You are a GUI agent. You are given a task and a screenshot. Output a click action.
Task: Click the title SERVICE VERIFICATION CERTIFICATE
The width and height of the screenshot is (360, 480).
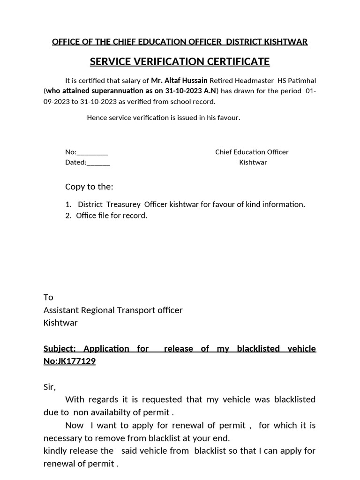pos(180,61)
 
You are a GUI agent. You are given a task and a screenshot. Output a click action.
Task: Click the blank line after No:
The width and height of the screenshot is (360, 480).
pos(92,152)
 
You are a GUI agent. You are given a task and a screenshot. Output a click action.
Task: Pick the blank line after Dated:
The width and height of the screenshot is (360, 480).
pos(98,163)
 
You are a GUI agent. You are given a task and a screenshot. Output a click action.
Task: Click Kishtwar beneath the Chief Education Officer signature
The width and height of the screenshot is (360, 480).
pos(253,163)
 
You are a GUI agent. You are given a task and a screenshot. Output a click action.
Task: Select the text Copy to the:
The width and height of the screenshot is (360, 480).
pos(89,187)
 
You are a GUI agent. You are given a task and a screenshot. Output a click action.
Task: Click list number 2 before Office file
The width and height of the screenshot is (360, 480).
pos(68,216)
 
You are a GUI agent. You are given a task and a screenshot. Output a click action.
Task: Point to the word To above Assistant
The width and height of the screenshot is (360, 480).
pos(48,297)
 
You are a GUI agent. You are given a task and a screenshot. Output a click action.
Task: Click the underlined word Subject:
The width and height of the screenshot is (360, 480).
pos(60,349)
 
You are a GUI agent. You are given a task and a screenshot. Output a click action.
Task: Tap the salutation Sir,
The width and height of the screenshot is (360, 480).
pos(49,387)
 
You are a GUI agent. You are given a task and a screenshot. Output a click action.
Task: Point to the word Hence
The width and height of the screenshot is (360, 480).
pos(97,118)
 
